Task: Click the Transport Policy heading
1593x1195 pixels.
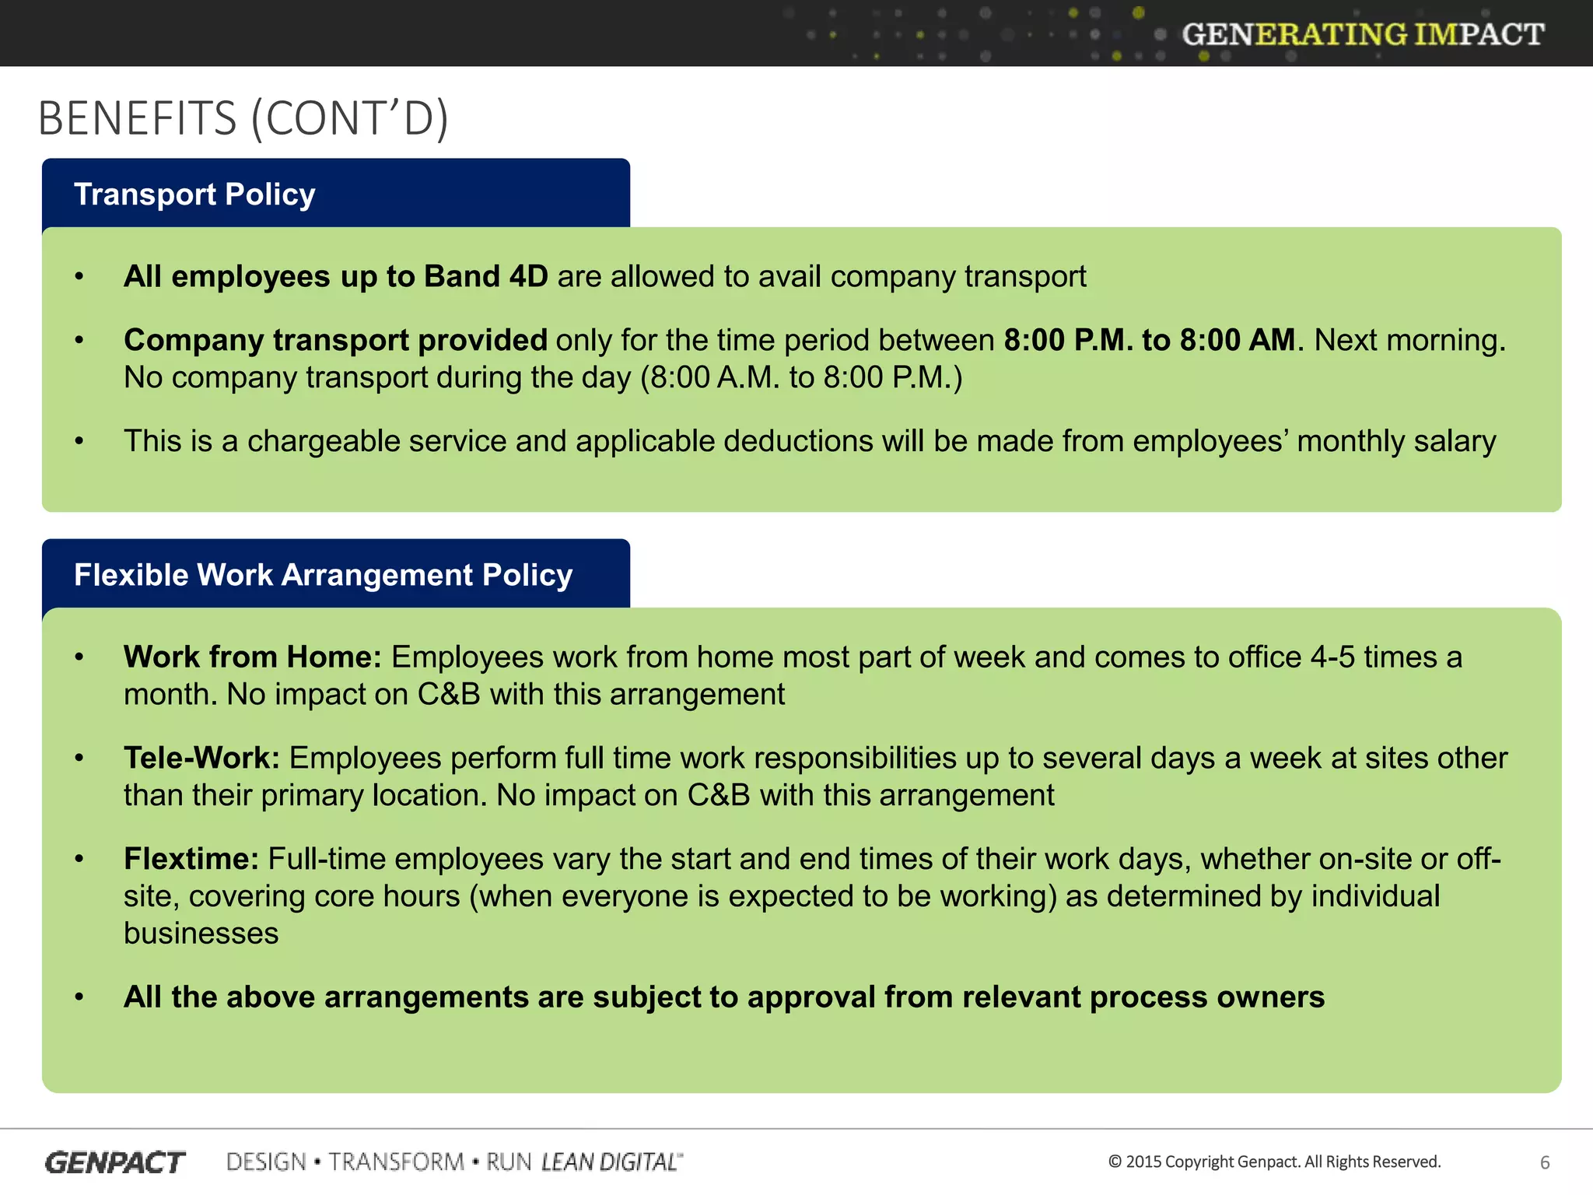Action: (x=194, y=194)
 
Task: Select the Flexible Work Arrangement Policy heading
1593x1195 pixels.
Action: (x=323, y=575)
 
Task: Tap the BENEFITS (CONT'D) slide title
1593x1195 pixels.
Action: (x=243, y=118)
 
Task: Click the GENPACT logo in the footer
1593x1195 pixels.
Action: (x=115, y=1162)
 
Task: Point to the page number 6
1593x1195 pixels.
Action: (x=1545, y=1162)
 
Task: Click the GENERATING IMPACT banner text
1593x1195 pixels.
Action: (x=1363, y=34)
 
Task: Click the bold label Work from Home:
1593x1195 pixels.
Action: (x=252, y=657)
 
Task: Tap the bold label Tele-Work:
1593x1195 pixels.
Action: (x=201, y=759)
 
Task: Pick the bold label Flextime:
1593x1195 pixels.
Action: (x=191, y=860)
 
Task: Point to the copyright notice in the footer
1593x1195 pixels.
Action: (x=1274, y=1162)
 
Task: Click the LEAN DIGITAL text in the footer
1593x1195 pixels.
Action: (x=611, y=1162)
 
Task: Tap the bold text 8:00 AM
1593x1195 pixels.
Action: (x=1237, y=340)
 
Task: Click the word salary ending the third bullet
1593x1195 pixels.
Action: (x=1455, y=441)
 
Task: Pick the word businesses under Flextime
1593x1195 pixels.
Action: (x=201, y=934)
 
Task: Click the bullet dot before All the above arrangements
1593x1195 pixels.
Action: (x=79, y=997)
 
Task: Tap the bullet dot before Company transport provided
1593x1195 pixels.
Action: (x=79, y=340)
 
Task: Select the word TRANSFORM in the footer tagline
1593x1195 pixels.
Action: (x=396, y=1162)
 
